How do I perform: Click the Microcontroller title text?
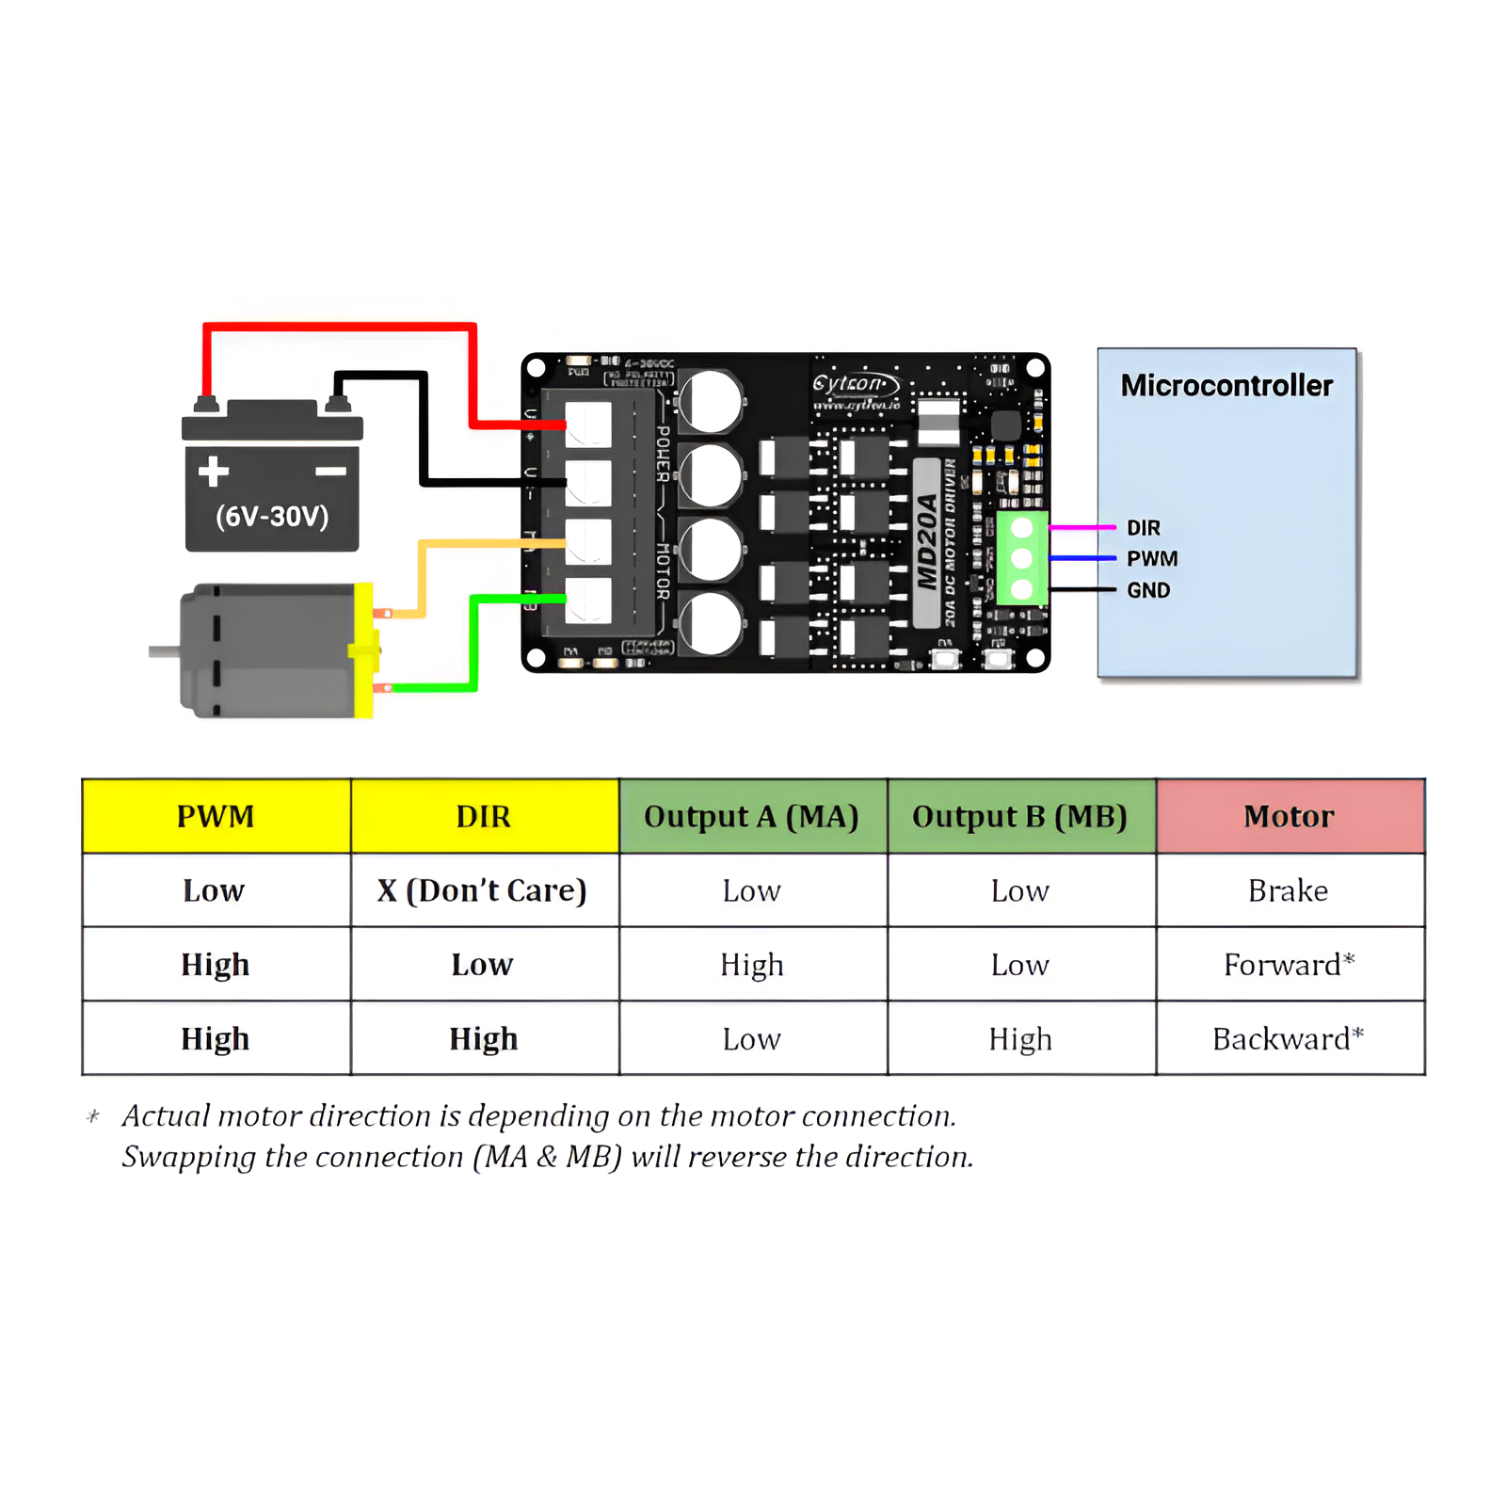coord(1226,386)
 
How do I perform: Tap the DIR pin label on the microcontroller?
coord(1144,528)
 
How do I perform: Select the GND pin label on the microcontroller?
coord(1148,590)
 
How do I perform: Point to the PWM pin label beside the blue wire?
coord(1152,559)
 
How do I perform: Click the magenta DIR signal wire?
coord(1082,528)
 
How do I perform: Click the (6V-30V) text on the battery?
coord(272,516)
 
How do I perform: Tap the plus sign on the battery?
coord(214,471)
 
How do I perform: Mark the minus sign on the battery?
coord(330,471)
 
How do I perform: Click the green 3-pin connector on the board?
coord(1022,558)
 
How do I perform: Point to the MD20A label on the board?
coord(928,542)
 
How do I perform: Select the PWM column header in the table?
coord(216,816)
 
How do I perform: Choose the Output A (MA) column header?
coord(751,816)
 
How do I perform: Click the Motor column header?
coord(1289,816)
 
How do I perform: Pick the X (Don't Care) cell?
coord(482,890)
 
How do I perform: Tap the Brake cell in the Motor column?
coord(1288,890)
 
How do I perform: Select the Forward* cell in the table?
coord(1288,965)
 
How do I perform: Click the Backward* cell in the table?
coord(1288,1039)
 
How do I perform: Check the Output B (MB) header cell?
coord(1019,816)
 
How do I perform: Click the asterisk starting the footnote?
coord(93,1117)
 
